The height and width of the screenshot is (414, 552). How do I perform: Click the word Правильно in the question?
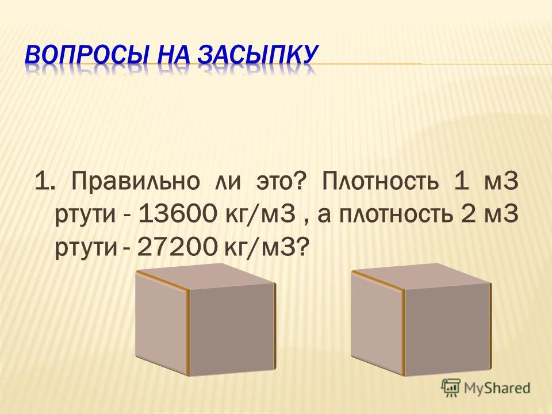point(136,182)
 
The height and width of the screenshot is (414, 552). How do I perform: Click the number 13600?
point(177,214)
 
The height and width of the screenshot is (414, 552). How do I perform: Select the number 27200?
point(177,247)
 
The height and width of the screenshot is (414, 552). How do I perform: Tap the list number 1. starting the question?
point(44,182)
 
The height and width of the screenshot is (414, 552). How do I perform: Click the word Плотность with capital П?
point(380,182)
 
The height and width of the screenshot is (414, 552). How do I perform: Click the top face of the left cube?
point(206,276)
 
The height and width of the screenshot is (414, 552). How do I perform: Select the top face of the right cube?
point(421,276)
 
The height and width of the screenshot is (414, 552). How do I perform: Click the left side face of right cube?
point(378,322)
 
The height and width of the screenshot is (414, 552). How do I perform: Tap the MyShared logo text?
point(497,388)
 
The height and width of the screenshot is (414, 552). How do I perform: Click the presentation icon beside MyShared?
point(451,388)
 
